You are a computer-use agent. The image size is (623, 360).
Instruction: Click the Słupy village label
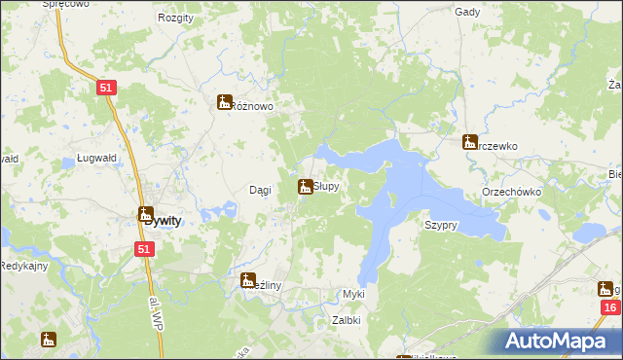click(x=326, y=186)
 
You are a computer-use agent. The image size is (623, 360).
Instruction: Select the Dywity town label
click(x=161, y=221)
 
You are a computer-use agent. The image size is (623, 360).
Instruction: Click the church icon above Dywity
click(x=146, y=214)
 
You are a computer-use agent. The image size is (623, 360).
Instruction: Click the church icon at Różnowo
click(x=225, y=101)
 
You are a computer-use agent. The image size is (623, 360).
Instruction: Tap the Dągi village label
click(x=260, y=190)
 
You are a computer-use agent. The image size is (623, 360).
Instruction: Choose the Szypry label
click(x=441, y=225)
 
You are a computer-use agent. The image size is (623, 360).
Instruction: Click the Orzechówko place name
click(x=511, y=193)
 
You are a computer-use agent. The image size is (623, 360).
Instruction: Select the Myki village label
click(x=353, y=294)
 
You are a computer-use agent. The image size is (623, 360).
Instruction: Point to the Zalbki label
click(x=347, y=319)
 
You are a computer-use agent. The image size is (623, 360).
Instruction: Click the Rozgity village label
click(x=175, y=18)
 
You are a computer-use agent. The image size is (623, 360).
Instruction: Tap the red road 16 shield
click(x=609, y=308)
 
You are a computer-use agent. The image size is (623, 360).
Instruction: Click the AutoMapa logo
click(x=561, y=341)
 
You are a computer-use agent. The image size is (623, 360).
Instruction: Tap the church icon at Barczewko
click(x=470, y=142)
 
